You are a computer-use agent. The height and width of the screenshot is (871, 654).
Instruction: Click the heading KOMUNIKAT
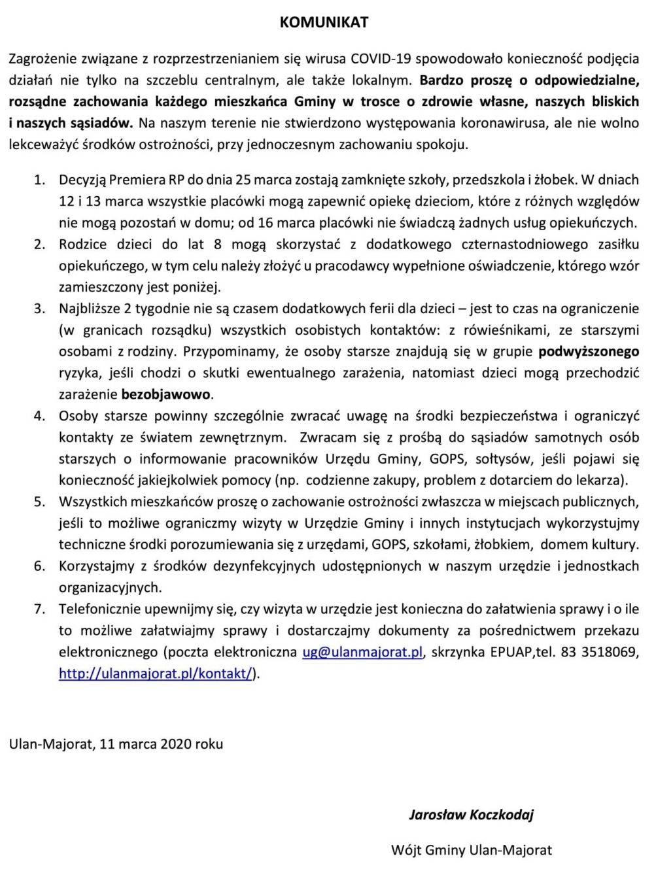(324, 22)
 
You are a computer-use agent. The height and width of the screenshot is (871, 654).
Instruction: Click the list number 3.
(40, 309)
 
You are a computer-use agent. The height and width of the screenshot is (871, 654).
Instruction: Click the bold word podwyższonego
(589, 352)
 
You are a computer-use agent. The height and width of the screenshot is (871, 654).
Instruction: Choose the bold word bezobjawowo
(166, 395)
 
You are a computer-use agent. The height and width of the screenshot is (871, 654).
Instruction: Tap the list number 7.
(40, 609)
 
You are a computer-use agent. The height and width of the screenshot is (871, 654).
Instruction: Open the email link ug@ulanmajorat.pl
(362, 653)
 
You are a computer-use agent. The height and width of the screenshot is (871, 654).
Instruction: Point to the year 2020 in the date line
(175, 744)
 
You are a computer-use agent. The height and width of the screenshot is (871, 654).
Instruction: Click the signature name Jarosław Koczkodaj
(471, 815)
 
